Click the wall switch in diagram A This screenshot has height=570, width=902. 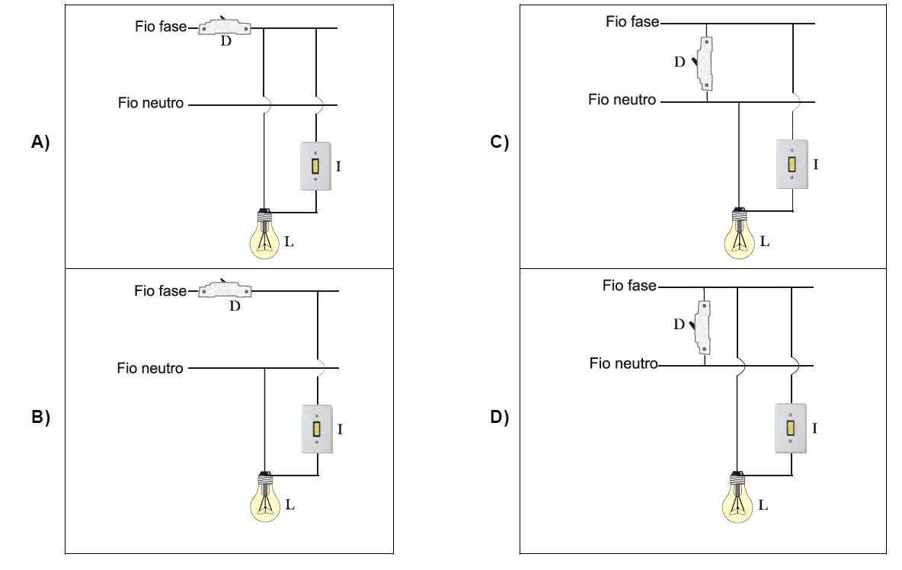315,166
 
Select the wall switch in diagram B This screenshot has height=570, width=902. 317,429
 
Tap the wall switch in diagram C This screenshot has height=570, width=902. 792,164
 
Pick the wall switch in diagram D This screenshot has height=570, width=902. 791,428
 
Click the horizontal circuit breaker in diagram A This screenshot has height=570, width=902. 225,28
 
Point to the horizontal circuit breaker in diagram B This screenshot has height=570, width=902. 224,290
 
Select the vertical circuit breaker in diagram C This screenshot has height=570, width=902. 707,65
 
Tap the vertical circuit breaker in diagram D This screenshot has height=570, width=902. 705,327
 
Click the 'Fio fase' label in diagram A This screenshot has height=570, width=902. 161,27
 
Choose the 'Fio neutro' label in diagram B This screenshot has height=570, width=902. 150,368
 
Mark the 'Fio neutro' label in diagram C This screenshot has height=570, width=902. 622,100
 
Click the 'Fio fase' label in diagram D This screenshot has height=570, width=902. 629,286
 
